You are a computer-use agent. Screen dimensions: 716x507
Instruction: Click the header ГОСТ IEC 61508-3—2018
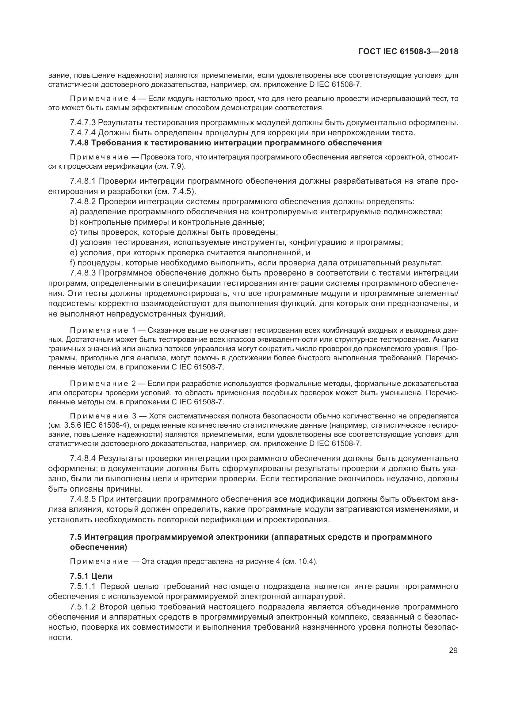[408, 52]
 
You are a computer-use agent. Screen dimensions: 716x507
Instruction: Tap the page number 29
[453, 650]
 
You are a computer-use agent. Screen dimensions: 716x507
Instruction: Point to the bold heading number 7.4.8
[79, 143]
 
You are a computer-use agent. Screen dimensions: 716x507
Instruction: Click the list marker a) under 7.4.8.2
[74, 212]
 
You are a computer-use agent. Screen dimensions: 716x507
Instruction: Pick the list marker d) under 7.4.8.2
[74, 242]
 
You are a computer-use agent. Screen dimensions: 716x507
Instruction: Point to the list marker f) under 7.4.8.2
[73, 263]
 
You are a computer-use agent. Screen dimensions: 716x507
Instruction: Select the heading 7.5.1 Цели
[91, 576]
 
